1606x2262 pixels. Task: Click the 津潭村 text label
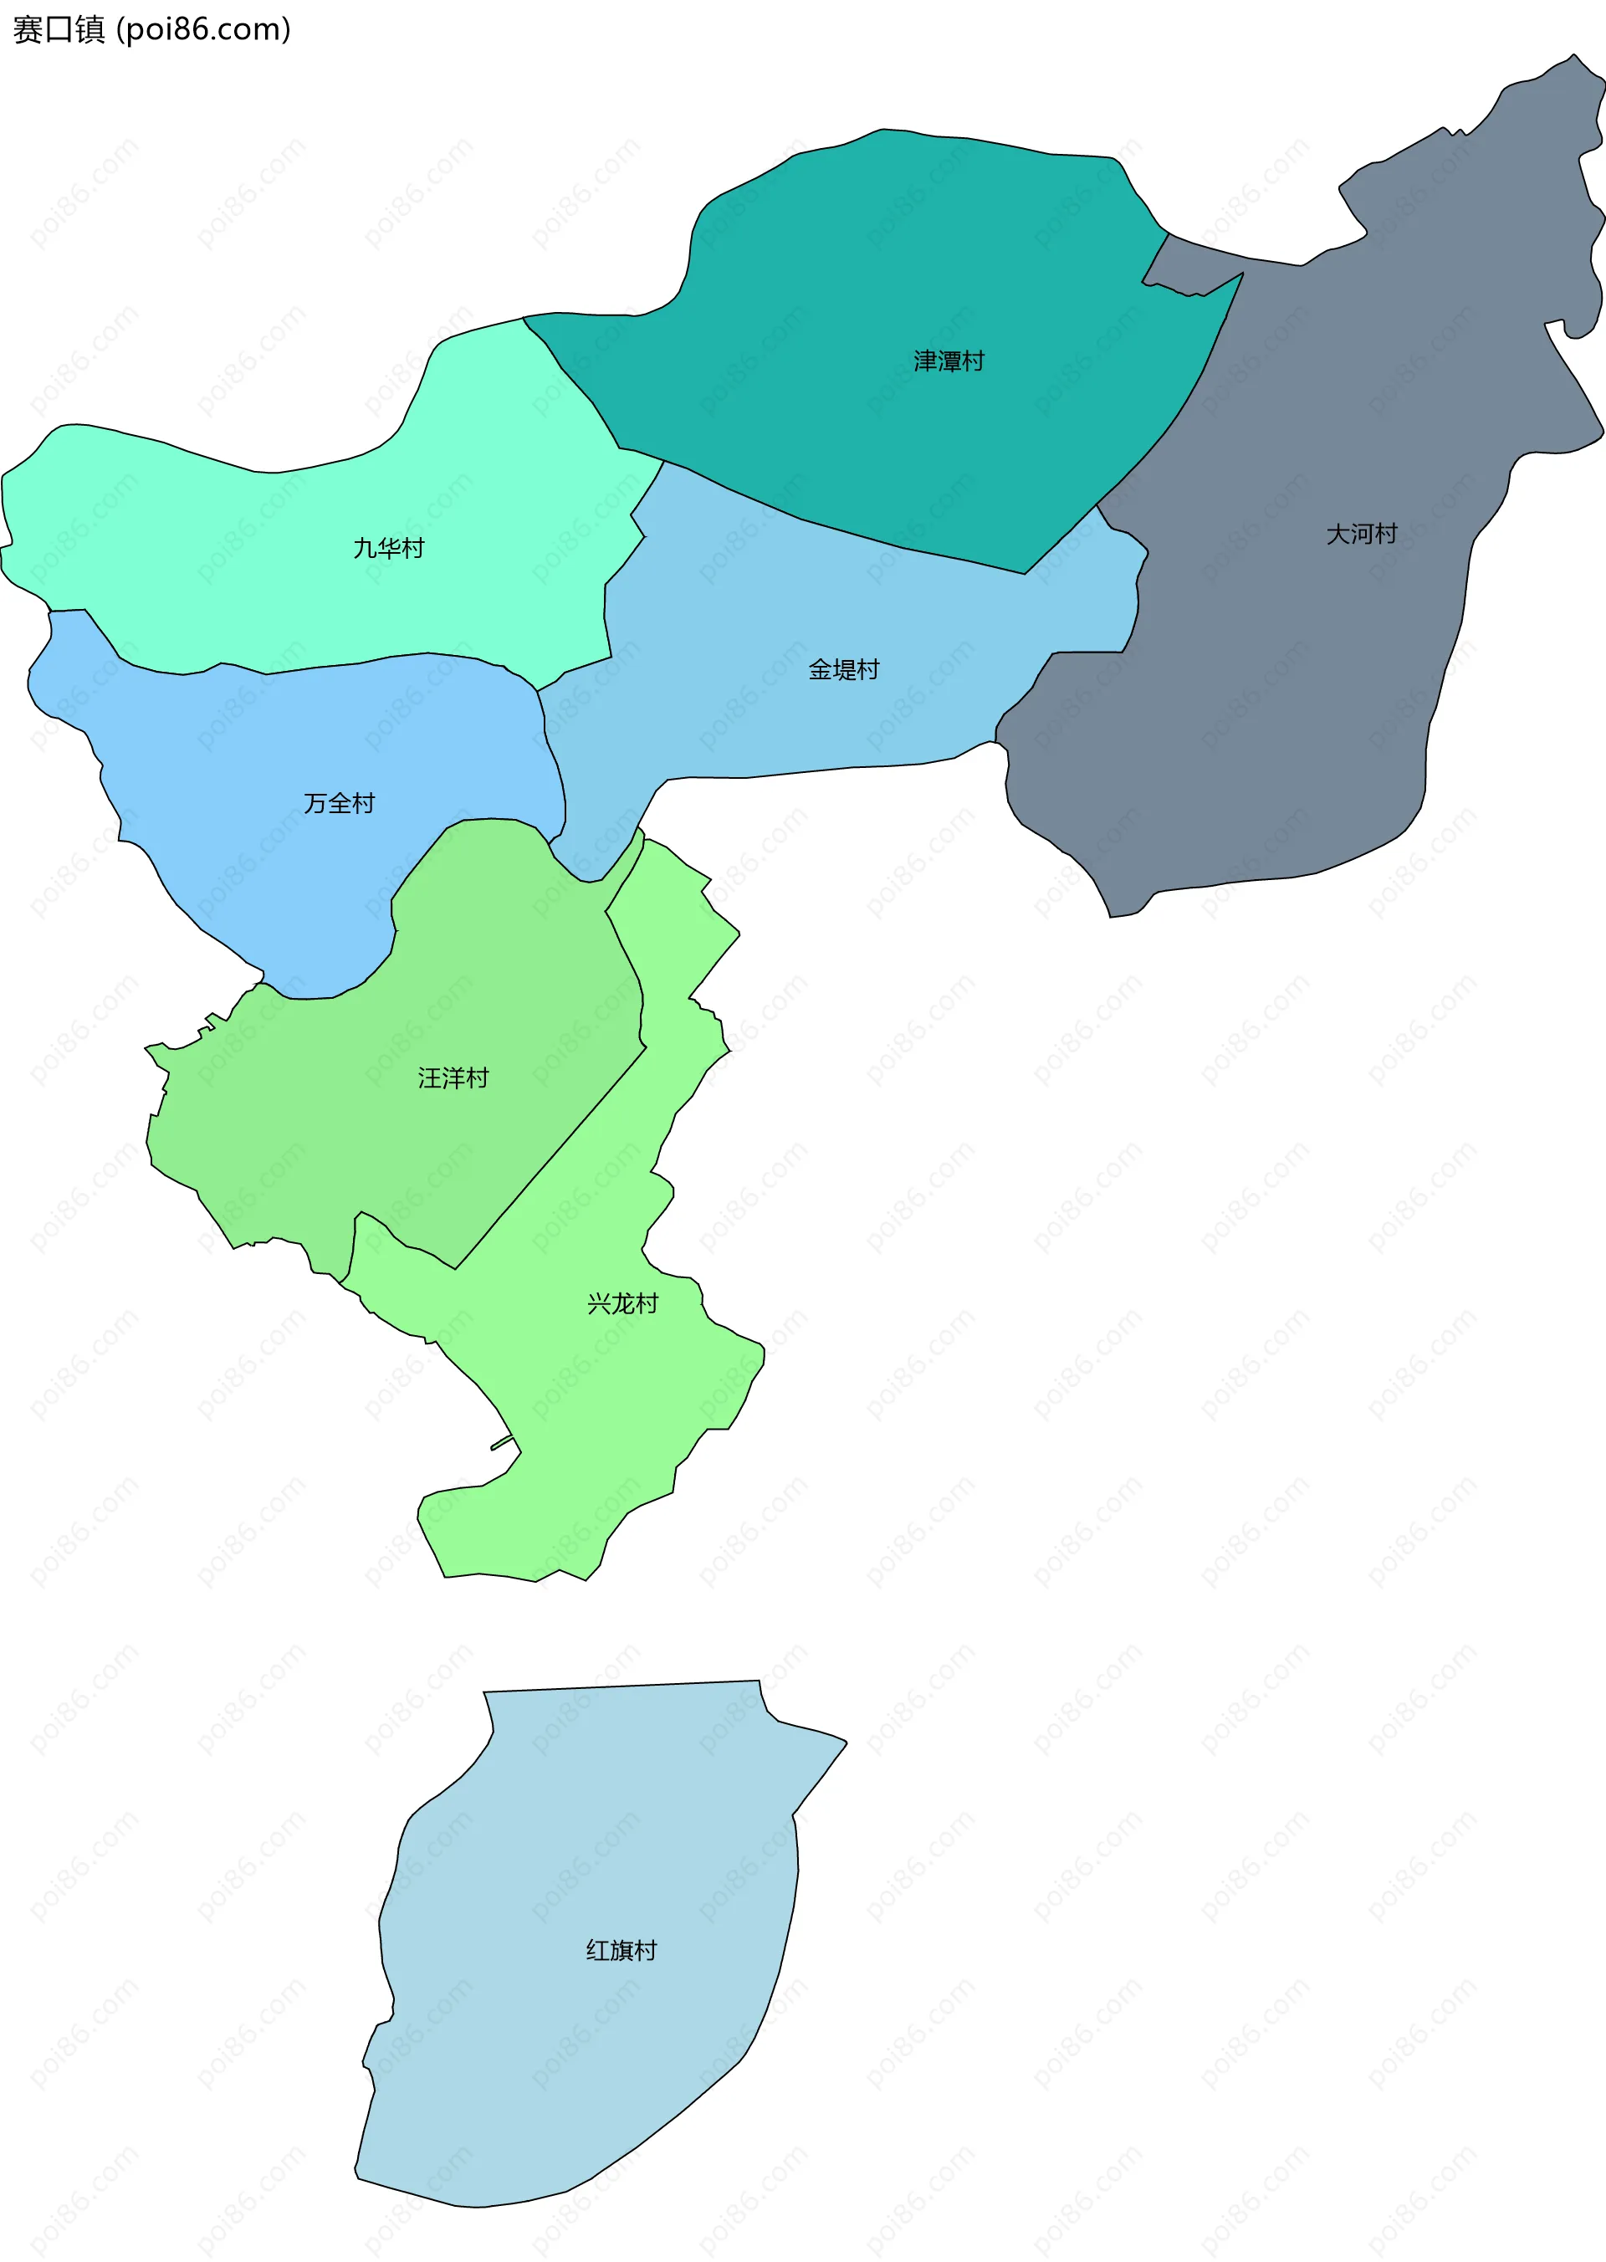coord(949,361)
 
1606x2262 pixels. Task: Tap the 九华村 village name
coord(389,548)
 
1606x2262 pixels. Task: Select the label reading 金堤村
coord(843,669)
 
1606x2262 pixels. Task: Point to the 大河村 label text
coord(1361,534)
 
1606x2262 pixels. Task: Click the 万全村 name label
coord(340,803)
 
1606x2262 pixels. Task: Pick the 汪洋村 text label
coord(453,1078)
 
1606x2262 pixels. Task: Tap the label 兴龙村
coord(622,1303)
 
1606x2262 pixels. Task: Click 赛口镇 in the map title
coord(59,29)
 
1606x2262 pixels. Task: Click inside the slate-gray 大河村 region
coord(1286,693)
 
